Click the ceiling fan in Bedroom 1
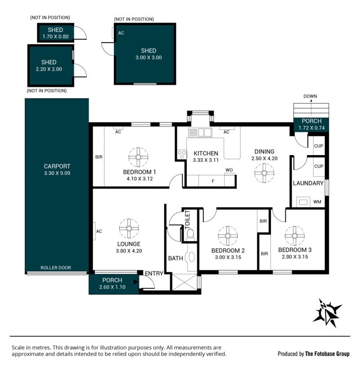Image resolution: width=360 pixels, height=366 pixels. click(x=138, y=157)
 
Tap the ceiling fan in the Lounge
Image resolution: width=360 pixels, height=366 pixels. click(x=129, y=228)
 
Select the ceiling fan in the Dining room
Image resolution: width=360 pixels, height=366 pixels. click(x=264, y=173)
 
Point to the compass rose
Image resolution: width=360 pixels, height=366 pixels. click(x=327, y=313)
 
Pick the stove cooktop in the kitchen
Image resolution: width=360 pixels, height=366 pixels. click(x=182, y=154)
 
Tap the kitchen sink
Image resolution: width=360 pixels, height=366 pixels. click(x=200, y=132)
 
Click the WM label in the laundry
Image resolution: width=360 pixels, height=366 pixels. click(x=317, y=202)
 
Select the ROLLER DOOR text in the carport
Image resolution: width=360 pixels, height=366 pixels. click(x=56, y=268)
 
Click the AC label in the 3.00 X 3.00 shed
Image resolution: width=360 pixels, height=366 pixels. click(x=121, y=33)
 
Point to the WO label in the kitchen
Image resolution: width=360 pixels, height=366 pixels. click(x=229, y=170)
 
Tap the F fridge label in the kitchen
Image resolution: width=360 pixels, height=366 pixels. click(x=213, y=181)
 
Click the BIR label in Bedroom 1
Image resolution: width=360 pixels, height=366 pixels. click(x=99, y=157)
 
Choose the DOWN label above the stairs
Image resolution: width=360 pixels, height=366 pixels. click(x=310, y=96)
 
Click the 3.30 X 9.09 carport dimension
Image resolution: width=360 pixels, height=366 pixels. click(x=57, y=173)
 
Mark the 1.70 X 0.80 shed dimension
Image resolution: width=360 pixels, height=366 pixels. click(x=55, y=36)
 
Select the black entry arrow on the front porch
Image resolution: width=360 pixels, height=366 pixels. click(x=135, y=282)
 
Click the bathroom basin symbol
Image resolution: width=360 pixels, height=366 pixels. click(x=191, y=257)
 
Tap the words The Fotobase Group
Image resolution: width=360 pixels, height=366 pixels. click(x=327, y=354)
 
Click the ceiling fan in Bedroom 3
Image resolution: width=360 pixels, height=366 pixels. click(x=295, y=236)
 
